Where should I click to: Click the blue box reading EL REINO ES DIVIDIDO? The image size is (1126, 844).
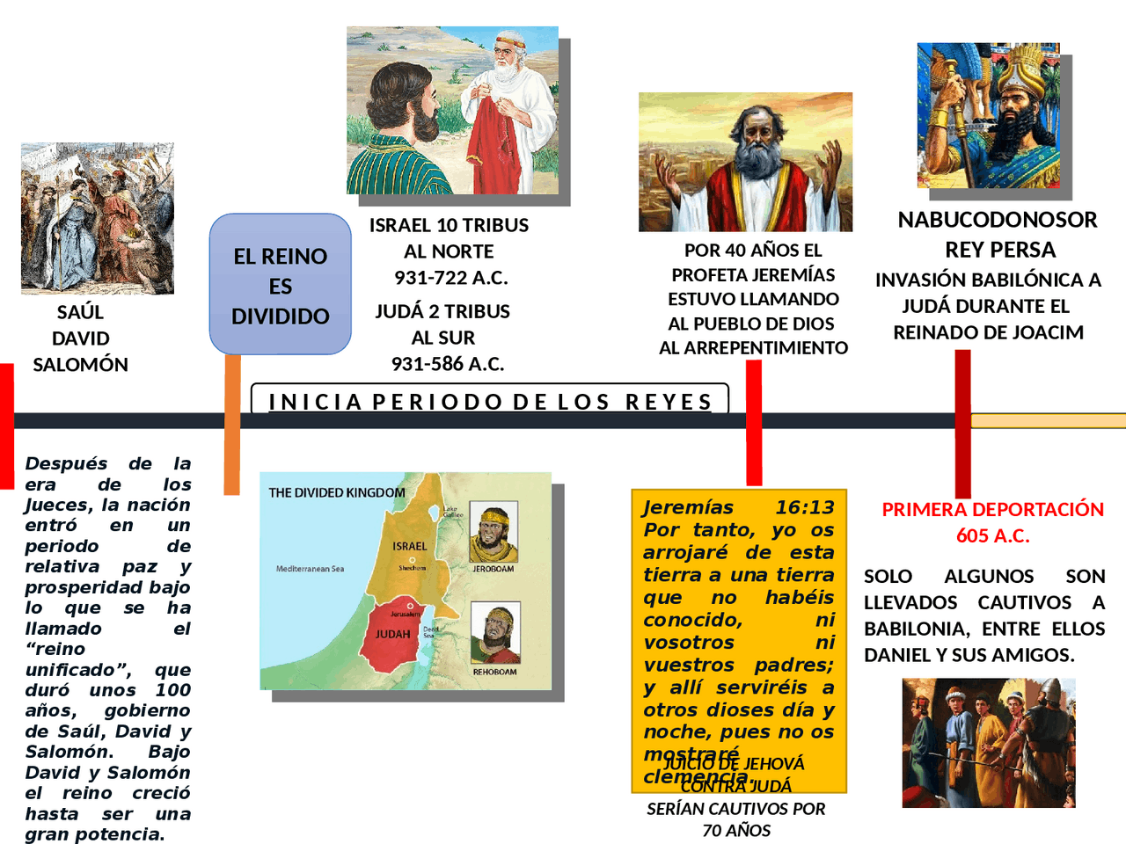coord(281,285)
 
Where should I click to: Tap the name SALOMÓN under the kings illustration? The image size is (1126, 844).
coord(80,364)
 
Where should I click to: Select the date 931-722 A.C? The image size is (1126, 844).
coord(450,278)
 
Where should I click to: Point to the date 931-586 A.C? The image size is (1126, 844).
coord(448,363)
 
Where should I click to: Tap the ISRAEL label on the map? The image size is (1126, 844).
coord(409,546)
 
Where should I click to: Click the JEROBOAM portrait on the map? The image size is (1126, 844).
coord(493,533)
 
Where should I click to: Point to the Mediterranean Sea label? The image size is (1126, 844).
coord(310,569)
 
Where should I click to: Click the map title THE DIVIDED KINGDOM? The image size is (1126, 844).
coord(337,492)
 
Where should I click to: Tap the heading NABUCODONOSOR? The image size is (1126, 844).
coord(997,220)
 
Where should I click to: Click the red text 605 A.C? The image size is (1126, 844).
coord(992,535)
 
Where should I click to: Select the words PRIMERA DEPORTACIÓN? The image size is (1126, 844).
coord(992,510)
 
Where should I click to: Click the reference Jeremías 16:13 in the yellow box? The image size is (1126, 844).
coord(738,507)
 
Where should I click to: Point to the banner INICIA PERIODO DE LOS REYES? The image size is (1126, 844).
coord(490,402)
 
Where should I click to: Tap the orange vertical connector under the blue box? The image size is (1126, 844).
coord(232,422)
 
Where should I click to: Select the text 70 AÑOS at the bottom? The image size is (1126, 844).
coord(736,830)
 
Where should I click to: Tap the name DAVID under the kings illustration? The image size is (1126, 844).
coord(80,338)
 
